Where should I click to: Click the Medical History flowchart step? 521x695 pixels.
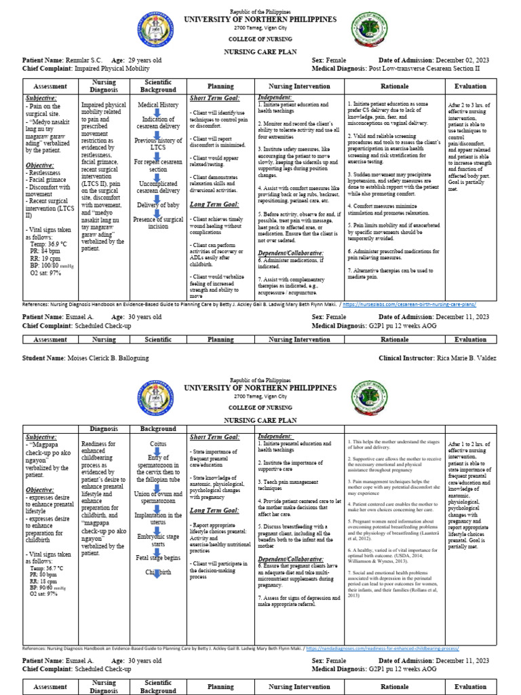click(157, 105)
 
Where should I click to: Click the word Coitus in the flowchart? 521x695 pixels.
click(157, 443)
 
